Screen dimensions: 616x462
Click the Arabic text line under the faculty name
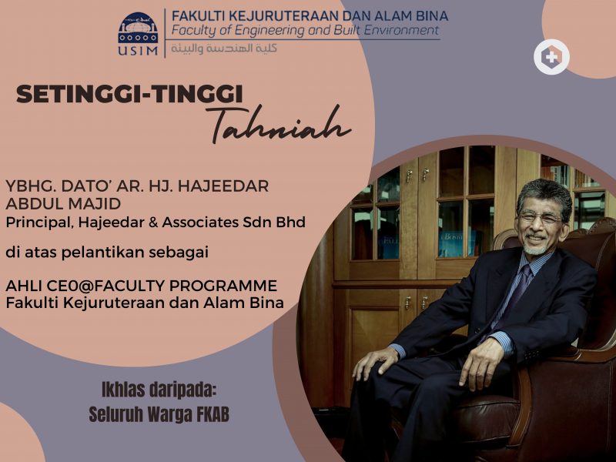(224, 48)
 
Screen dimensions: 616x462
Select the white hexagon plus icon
(551, 57)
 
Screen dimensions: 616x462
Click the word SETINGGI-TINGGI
(129, 94)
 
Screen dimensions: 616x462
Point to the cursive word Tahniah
(278, 125)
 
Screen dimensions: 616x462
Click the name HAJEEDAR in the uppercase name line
(223, 186)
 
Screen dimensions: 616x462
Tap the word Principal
(39, 223)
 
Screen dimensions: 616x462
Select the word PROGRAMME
(223, 286)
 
